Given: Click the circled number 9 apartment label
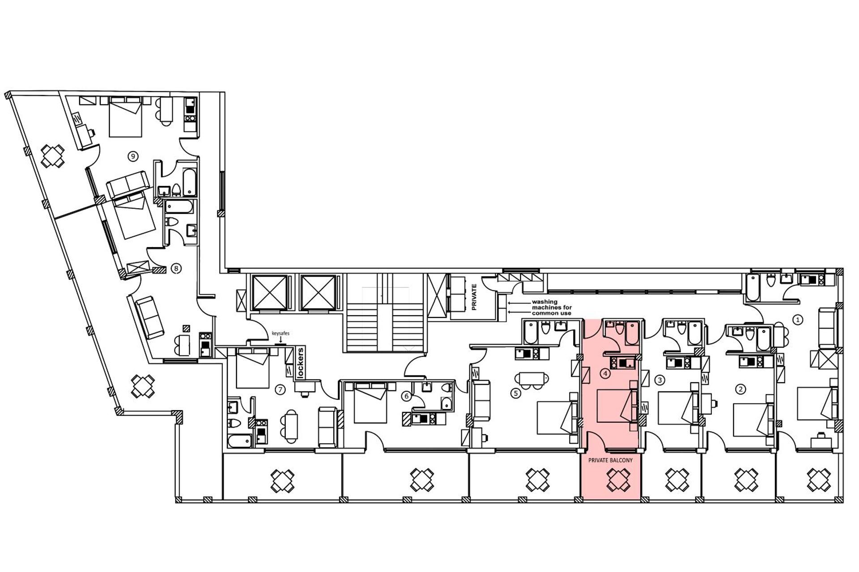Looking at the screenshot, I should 132,156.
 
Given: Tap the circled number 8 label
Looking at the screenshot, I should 176,269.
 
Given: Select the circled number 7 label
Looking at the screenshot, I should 280,390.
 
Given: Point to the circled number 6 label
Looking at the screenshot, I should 406,396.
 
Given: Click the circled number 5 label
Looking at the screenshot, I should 516,393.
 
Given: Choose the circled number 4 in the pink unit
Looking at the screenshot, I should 605,373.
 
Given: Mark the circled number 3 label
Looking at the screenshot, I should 659,380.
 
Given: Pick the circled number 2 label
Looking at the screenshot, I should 740,389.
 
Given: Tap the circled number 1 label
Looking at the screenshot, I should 798,320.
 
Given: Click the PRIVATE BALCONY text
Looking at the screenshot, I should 610,460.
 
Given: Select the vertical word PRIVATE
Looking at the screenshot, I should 474,297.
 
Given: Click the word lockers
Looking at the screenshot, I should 301,363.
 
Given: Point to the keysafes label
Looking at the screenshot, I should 281,333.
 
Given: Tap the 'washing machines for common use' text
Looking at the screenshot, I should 551,307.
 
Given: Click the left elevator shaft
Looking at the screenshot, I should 269,292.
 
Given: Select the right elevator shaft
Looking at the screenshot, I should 318,292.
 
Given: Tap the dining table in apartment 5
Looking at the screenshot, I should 532,379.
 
